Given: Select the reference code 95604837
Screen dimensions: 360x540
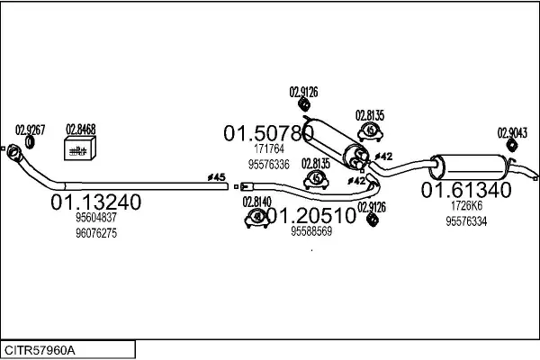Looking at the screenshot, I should [x=95, y=218].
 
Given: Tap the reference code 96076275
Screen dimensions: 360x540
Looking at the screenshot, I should [x=95, y=233].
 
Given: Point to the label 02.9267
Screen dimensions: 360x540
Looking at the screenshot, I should [x=30, y=129].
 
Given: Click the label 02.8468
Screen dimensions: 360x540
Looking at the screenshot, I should [x=80, y=129].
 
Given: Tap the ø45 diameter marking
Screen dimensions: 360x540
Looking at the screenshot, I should [x=216, y=176].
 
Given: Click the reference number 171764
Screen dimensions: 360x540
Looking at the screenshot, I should [x=268, y=149].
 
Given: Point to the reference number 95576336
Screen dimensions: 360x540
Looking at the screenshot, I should [x=268, y=165].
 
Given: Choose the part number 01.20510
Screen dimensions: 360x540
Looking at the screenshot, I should [x=311, y=216].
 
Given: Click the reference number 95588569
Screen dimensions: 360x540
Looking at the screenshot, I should [x=311, y=231].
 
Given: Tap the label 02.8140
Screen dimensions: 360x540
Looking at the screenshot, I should [x=257, y=202].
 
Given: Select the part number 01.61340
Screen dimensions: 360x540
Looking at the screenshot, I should [x=466, y=191].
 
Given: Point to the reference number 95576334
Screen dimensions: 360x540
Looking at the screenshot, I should [x=466, y=221].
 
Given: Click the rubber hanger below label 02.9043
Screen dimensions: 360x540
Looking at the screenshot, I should [x=511, y=146].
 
